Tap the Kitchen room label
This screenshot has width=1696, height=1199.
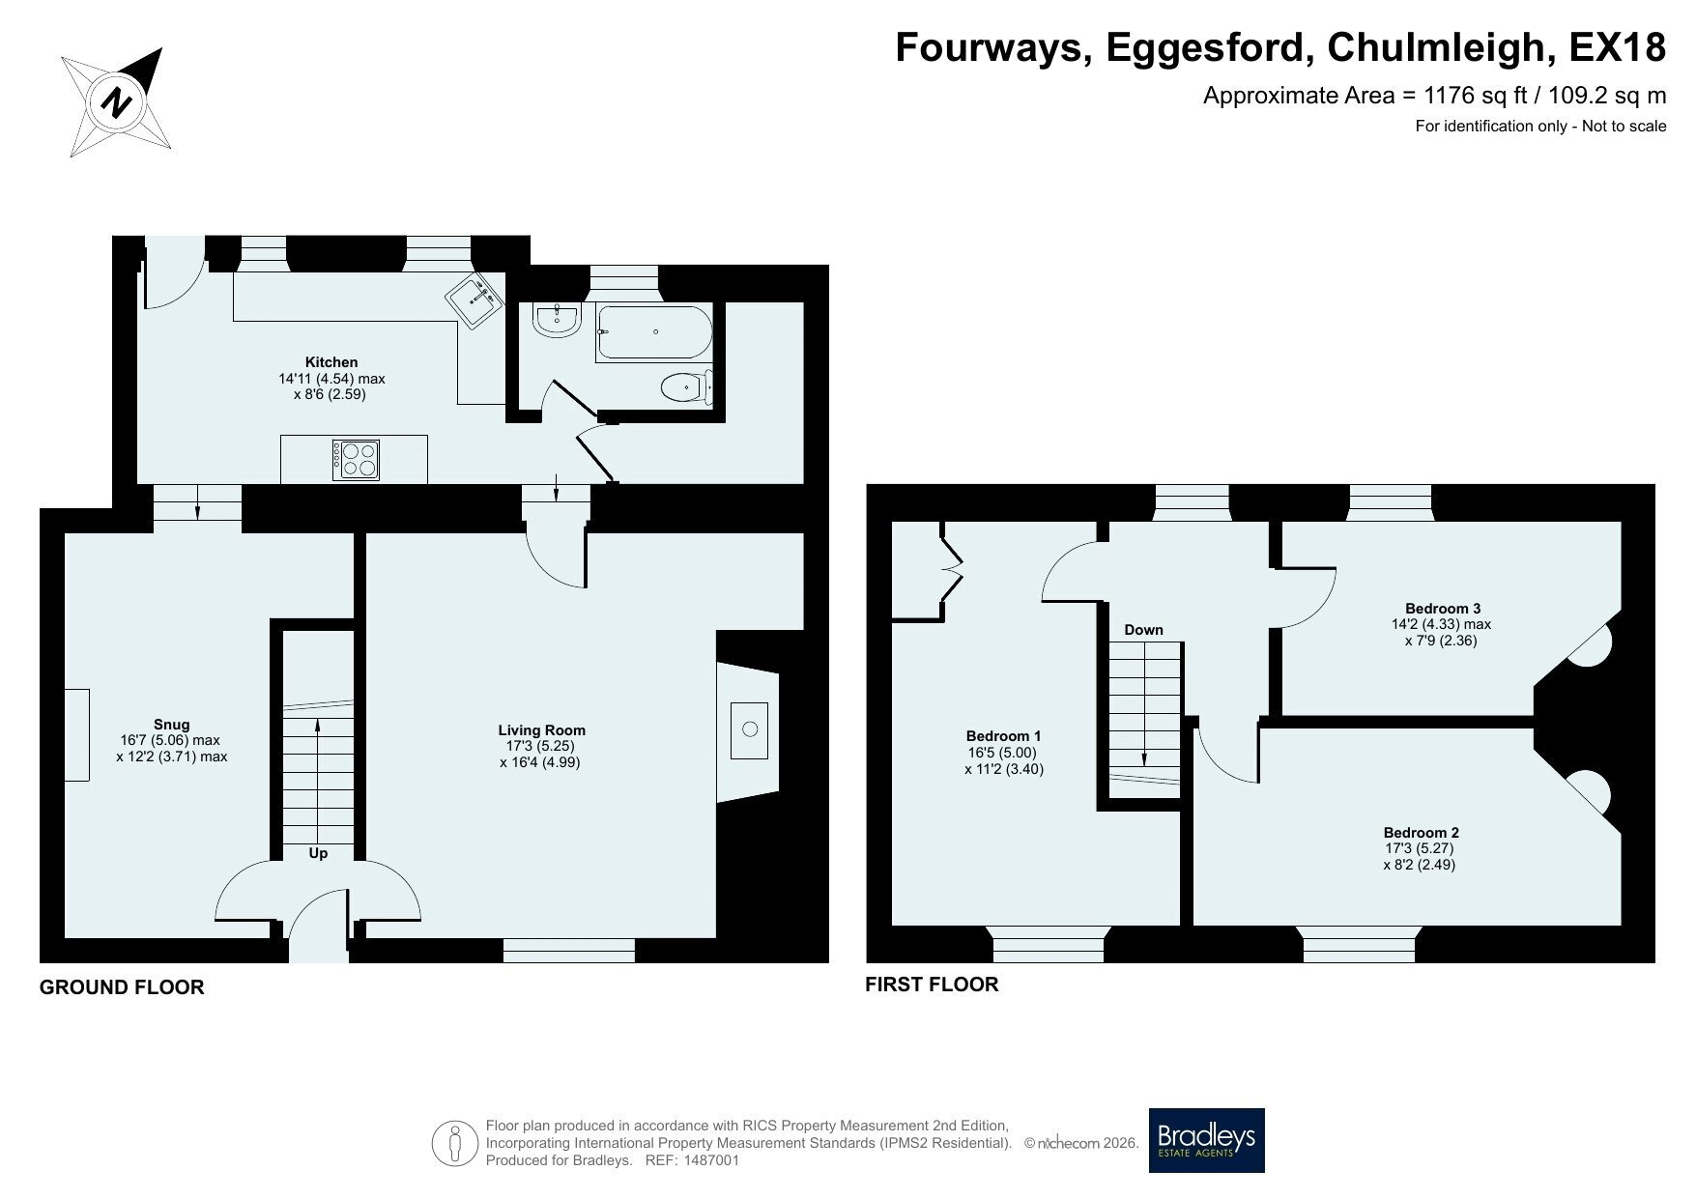(x=331, y=362)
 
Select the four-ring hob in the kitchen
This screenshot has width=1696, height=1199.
(x=356, y=460)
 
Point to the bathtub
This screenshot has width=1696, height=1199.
(x=655, y=332)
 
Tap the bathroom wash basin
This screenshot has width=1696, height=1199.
(x=556, y=321)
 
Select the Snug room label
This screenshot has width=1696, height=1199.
(x=172, y=725)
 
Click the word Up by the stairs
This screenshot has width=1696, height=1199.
(x=318, y=853)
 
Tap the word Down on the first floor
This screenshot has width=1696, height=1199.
(x=1143, y=630)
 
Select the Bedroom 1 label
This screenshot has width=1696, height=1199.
(x=1004, y=736)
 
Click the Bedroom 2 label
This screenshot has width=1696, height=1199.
(x=1422, y=833)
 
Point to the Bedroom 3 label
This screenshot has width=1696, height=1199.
(x=1443, y=609)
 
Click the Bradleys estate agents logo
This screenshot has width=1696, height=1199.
(x=1206, y=1140)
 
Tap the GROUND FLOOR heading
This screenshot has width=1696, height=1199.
(x=122, y=987)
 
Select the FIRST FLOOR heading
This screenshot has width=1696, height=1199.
(x=932, y=985)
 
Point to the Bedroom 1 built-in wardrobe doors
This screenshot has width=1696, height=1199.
(x=952, y=569)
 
